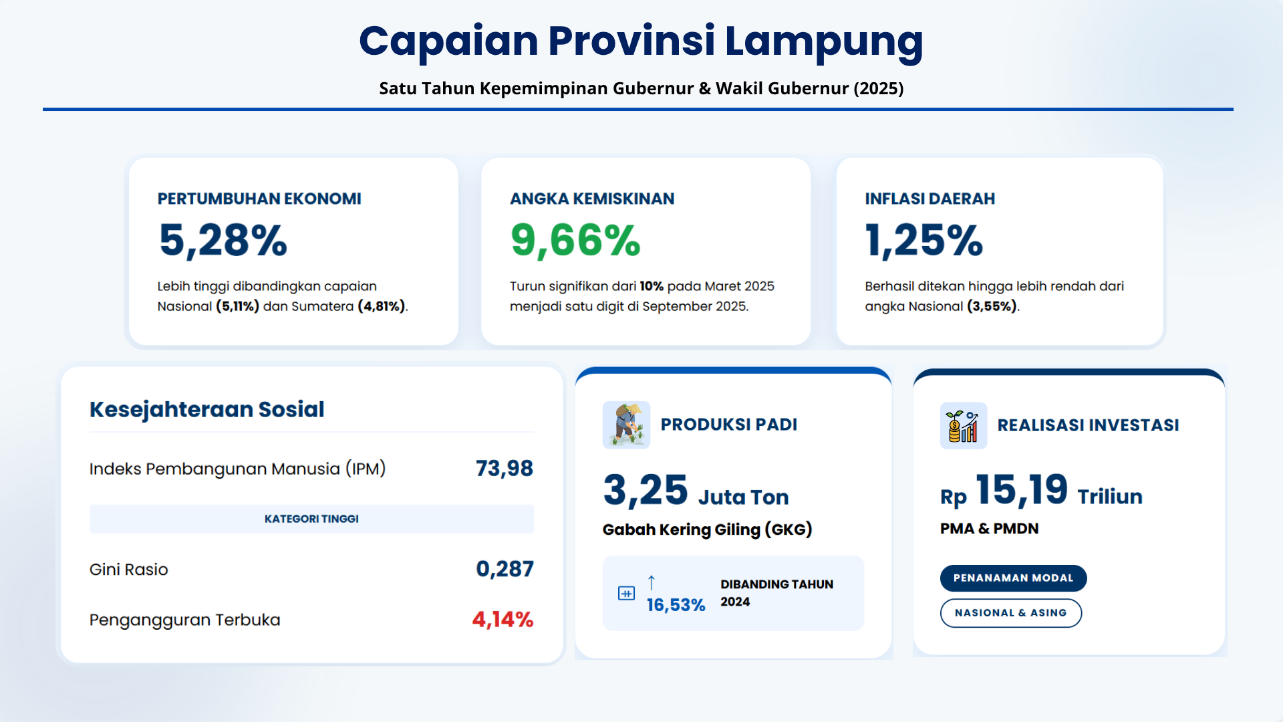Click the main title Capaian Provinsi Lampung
point(641,41)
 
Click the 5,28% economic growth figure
point(223,240)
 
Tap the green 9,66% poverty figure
point(575,240)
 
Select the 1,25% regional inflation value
point(923,240)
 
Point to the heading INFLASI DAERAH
point(930,199)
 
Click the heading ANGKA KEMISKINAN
point(592,199)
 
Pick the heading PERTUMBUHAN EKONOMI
point(259,199)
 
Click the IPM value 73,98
point(504,469)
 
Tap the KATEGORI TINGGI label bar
point(311,519)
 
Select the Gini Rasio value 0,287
point(505,569)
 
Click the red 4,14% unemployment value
point(503,620)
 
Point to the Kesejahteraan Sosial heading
point(207,409)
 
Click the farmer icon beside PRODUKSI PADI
point(626,425)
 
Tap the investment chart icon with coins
point(963,426)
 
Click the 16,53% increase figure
point(676,605)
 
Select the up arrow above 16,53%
point(652,582)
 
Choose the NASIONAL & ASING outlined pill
point(1010,613)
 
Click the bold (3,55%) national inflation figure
point(992,306)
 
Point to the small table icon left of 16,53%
point(626,593)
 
